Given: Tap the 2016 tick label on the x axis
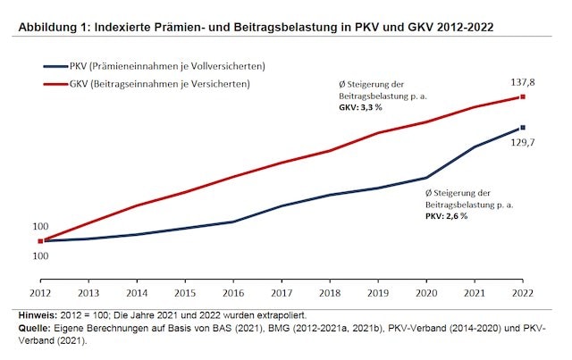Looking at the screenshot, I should point(233,293).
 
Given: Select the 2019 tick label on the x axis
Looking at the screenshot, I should point(378,293).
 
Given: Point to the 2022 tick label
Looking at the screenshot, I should point(523,293).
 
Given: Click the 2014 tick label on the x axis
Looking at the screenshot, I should point(137,293).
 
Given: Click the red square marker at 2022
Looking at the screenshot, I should point(523,97).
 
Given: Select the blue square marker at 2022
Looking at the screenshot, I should point(523,128).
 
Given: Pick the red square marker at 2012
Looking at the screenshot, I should point(40,241).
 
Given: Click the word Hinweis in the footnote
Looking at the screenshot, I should point(36,315).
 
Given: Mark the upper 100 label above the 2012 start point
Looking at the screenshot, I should point(41,227).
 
